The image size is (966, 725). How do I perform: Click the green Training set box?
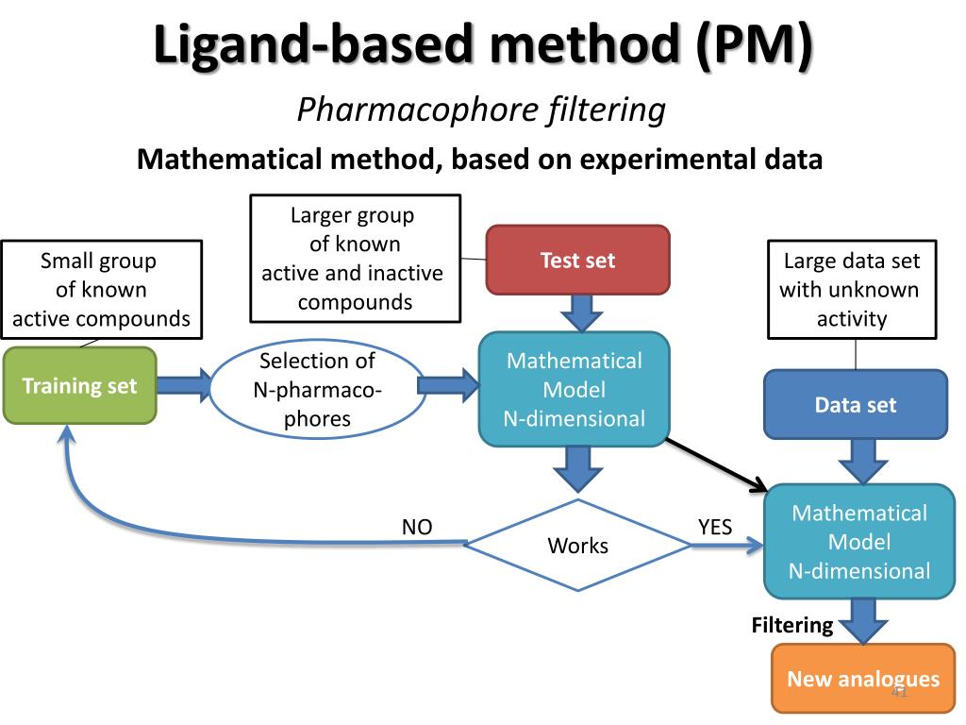tap(79, 385)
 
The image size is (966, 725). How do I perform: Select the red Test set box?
tap(577, 260)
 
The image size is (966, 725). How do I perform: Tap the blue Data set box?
tap(855, 405)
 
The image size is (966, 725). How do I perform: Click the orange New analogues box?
tap(862, 679)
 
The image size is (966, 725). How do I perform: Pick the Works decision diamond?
tap(578, 545)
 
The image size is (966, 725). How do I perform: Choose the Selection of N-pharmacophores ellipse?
tap(316, 389)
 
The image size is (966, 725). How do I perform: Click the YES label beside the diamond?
tap(715, 527)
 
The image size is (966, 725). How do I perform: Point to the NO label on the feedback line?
tap(417, 527)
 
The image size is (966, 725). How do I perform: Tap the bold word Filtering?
tap(792, 624)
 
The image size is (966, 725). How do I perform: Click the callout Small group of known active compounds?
tap(101, 289)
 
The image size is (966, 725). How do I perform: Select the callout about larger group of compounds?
tap(355, 258)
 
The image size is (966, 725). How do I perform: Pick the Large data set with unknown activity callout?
tap(855, 289)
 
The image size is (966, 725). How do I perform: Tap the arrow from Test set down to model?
tap(577, 312)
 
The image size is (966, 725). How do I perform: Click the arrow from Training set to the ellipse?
tap(184, 385)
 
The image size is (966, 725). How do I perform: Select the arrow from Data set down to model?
tap(862, 462)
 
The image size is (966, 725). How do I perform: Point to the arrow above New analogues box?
tap(862, 621)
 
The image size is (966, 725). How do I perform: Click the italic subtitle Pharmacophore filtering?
tap(481, 110)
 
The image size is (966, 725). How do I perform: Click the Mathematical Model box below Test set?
tap(575, 389)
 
